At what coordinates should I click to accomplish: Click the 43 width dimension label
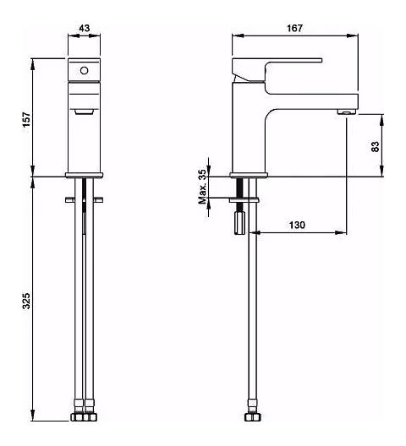pos(85,28)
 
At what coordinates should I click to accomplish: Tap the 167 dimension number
pos(294,28)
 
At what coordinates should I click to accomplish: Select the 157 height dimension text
pos(26,120)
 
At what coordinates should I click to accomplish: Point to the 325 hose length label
pos(26,301)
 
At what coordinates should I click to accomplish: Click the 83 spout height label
pos(376,146)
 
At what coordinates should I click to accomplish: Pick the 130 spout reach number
pos(297,225)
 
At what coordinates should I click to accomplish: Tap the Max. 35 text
pos(202,187)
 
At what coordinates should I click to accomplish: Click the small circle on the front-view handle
pos(84,71)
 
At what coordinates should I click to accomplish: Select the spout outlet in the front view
pos(84,111)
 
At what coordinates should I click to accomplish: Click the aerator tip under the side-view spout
pos(347,111)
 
